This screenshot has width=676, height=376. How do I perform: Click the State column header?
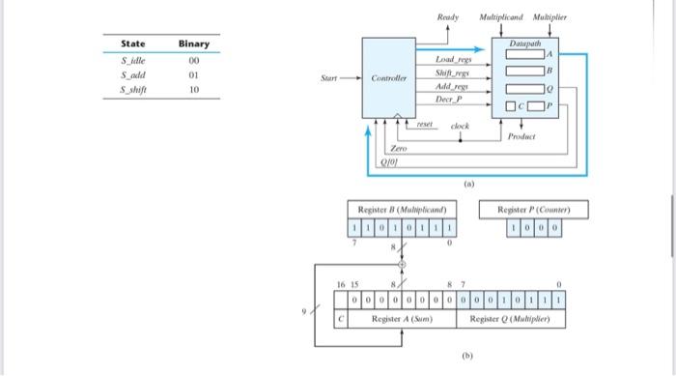(x=133, y=44)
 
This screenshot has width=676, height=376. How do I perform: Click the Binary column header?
(x=193, y=44)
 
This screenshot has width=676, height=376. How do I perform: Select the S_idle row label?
(x=133, y=61)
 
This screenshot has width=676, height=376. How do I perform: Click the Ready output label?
(x=447, y=18)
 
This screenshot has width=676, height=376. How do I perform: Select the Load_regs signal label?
(x=452, y=60)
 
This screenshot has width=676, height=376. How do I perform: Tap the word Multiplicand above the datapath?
(x=501, y=18)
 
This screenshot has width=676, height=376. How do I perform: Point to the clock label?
(x=461, y=126)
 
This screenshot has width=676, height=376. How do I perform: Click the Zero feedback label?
(x=399, y=150)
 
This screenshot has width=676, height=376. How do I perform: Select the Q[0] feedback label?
(x=399, y=163)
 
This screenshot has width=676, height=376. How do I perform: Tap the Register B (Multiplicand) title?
(x=400, y=210)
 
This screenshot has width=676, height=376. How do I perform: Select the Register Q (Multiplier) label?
(x=512, y=318)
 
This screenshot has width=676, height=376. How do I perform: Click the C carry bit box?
(x=340, y=317)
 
